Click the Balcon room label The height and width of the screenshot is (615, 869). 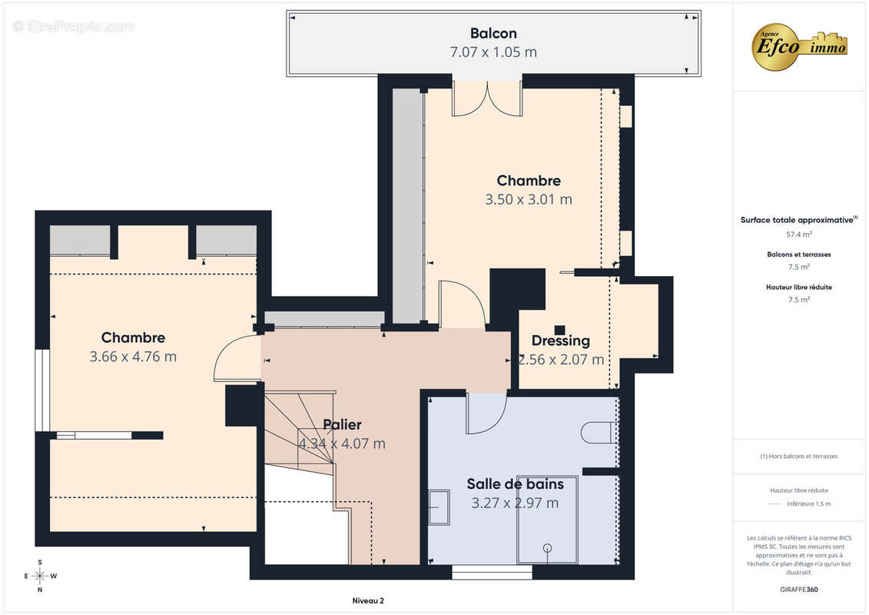[493, 33]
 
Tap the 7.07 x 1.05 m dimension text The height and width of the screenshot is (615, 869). [493, 52]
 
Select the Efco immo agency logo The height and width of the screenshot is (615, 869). [799, 45]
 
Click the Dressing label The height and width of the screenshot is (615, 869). [560, 341]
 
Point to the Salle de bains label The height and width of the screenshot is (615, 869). [515, 484]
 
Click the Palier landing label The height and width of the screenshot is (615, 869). [343, 425]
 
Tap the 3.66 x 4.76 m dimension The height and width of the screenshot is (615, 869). [133, 357]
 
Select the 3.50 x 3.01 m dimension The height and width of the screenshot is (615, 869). [528, 200]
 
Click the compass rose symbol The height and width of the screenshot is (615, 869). [40, 576]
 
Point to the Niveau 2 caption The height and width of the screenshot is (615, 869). [368, 600]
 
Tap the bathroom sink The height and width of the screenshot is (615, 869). [439, 507]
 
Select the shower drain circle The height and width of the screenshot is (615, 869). [548, 548]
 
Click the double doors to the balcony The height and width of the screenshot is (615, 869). [487, 98]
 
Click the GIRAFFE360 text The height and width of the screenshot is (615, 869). [798, 590]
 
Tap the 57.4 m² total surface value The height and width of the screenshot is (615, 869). [798, 234]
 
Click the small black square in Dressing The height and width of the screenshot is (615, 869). [560, 330]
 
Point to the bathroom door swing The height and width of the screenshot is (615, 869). [487, 413]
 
